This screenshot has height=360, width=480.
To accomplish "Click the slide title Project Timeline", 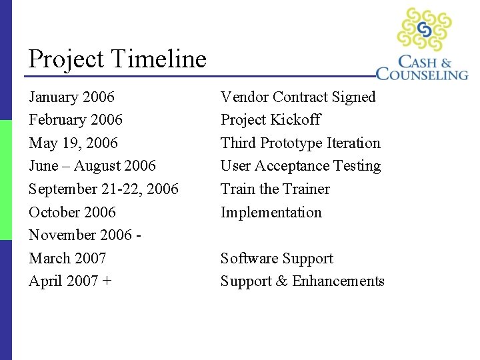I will coord(117,59).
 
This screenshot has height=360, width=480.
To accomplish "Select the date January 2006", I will coord(71,97).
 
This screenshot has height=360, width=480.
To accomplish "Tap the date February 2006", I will coord(75,120).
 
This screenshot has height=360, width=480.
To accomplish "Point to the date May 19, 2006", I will coord(73,143).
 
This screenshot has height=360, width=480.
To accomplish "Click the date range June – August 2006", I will coord(92,166).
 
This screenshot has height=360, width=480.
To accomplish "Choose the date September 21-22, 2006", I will coord(103,189).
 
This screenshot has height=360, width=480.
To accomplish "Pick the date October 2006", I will coord(72,213).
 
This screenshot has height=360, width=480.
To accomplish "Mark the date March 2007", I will coord(67,259).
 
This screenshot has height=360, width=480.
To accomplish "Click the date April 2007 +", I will coord(70,281).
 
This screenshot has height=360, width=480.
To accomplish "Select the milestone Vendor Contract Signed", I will coord(298,97).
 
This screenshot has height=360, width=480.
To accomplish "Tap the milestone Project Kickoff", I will coord(270,120).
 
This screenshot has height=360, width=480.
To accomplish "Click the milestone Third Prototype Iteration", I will coord(300,143).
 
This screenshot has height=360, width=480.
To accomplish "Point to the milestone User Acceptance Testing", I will coord(300,166).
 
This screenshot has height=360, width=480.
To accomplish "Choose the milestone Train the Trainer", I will coord(275,189).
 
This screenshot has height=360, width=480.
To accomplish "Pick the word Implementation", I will coord(271,213).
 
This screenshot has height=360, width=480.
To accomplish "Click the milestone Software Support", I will coord(277,259).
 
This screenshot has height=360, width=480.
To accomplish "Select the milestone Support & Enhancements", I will coord(302,281).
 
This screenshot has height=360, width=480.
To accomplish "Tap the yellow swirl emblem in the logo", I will coord(424,29).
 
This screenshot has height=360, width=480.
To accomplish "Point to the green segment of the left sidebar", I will coord(6,180).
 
